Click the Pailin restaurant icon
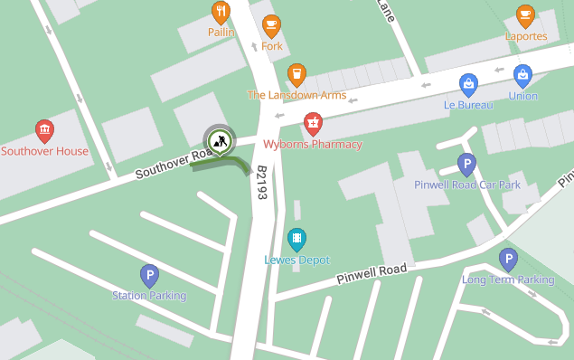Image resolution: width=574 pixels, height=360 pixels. coord(221,12)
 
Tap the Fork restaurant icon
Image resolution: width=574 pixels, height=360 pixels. coord(271,25)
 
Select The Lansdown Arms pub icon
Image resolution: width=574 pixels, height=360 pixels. coord(296,74)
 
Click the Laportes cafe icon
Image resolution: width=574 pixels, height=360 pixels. coord(525,15)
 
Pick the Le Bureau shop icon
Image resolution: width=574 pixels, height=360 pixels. coord(468,84)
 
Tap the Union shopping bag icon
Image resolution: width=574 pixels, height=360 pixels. coord(522,75)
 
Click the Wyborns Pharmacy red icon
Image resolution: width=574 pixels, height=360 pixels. coord(313,122)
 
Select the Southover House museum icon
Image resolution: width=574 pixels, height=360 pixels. coord(44,130)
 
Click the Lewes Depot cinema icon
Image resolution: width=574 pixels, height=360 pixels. coord(296,238)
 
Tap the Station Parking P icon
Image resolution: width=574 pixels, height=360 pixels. coord(149,275)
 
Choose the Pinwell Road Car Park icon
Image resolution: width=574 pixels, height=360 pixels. coord(466,164)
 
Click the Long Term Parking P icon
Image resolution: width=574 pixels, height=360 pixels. coord(508,260)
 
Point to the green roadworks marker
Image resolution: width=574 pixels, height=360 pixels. coord(218,141)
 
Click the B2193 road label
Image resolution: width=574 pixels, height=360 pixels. coord(261,182)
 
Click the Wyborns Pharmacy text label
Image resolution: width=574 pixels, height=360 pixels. coord(313,145)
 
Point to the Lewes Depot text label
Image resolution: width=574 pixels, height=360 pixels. coord(296,261)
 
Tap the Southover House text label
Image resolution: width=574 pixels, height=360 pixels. coord(45,151)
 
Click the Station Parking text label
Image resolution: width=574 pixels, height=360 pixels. coord(149,296)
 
